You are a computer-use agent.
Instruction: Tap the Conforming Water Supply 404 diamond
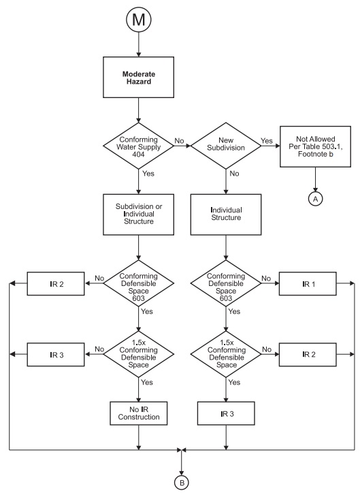point(139,145)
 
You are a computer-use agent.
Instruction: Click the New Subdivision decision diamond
point(225,145)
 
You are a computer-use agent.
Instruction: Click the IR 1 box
point(315,280)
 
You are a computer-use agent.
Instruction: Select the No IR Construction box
point(139,413)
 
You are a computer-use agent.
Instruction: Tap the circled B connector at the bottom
point(182,482)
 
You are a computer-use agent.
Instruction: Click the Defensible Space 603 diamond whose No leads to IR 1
point(225,280)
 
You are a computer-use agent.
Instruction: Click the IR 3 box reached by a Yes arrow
point(225,413)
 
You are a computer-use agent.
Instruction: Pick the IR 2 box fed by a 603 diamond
point(56,280)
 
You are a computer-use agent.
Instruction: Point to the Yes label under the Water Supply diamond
point(148,173)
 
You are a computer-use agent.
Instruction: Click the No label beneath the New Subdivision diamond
point(233,173)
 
